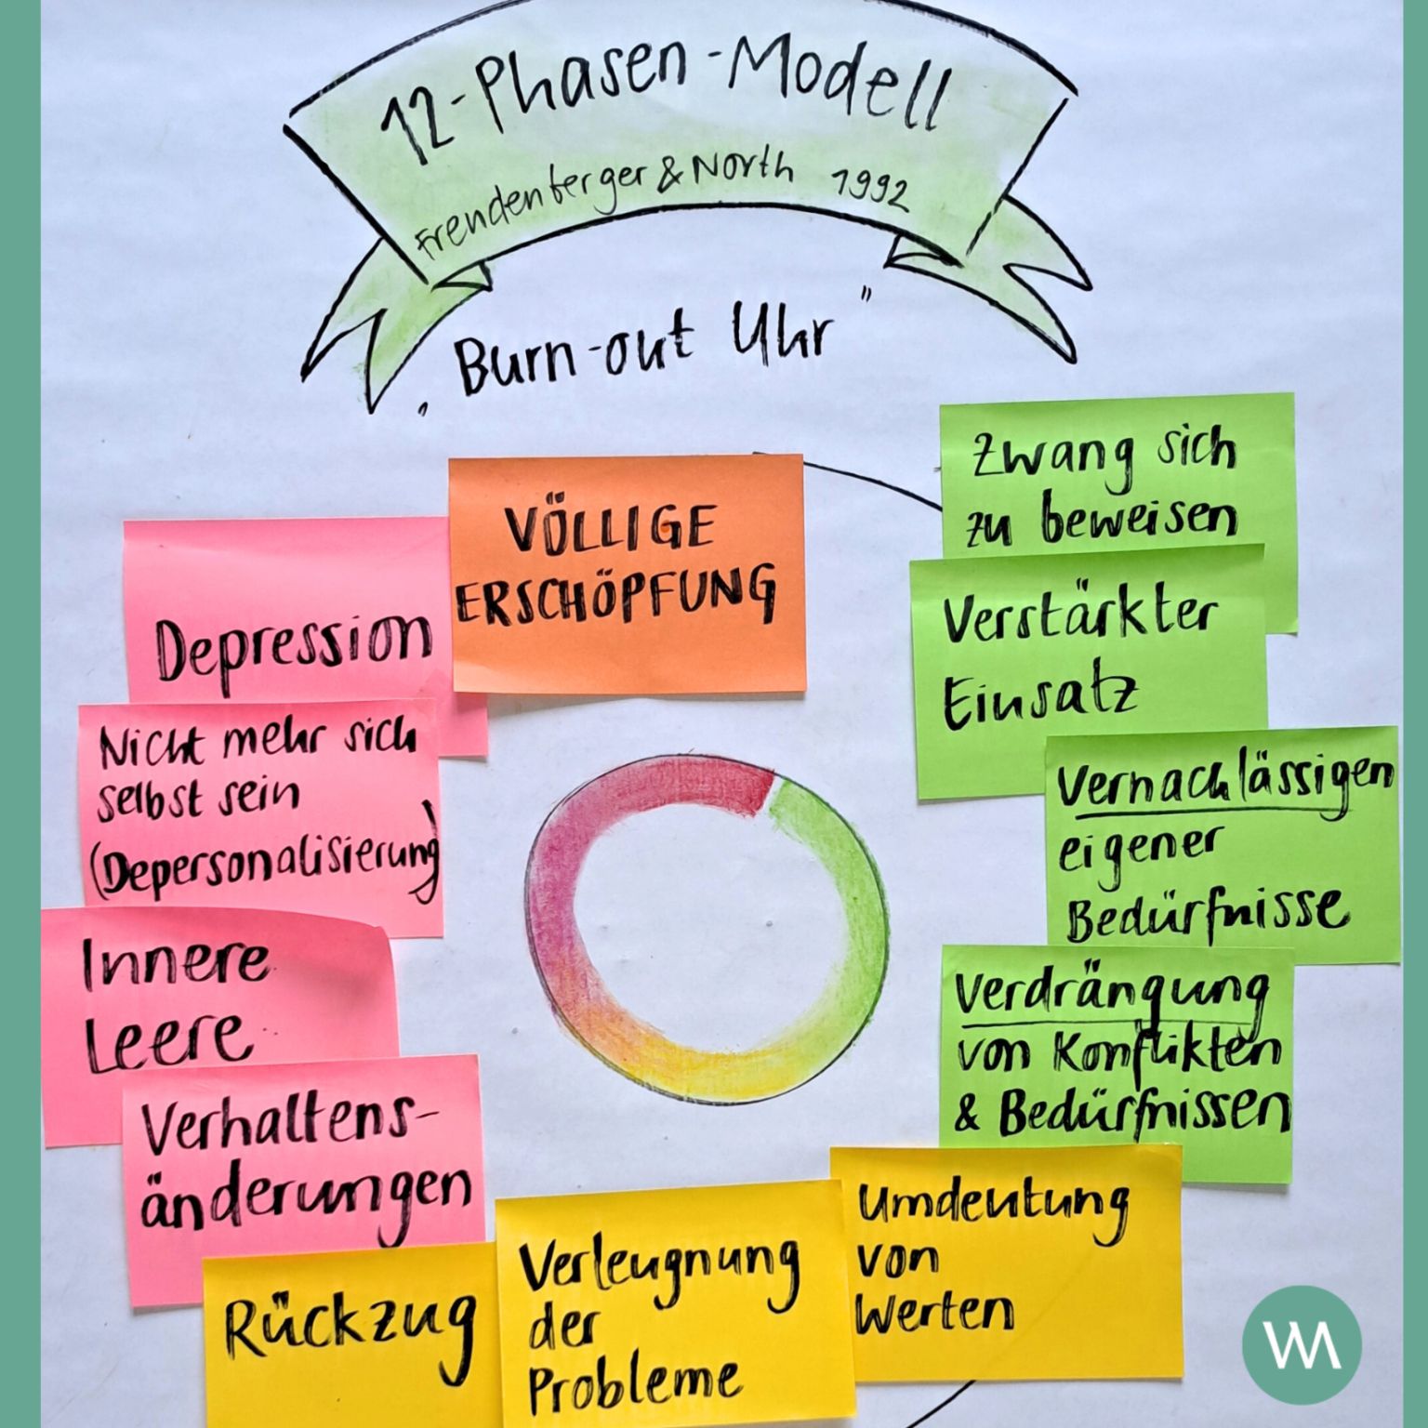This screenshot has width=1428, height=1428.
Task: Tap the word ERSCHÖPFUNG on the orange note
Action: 616,595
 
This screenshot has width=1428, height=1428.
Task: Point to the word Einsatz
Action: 1040,701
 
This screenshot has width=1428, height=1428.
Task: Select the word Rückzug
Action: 350,1329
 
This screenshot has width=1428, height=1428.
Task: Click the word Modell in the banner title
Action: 836,86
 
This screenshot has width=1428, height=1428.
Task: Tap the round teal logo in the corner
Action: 1302,1344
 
